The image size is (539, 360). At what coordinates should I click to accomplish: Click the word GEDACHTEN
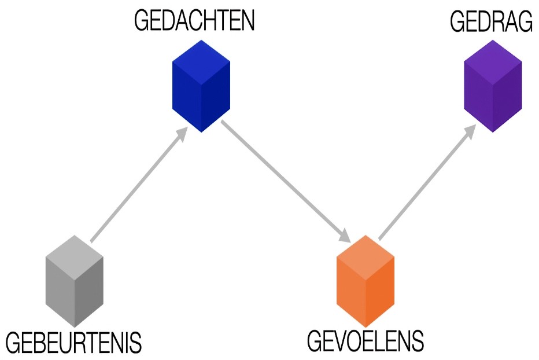[x=194, y=21]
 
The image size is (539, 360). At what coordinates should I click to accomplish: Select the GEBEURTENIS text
[x=73, y=343]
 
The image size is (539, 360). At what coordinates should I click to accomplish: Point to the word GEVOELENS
[x=365, y=341]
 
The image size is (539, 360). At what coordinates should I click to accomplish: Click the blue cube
[x=201, y=86]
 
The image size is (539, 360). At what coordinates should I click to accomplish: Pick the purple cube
[x=493, y=86]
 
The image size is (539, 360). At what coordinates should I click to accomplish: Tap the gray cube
[x=75, y=281]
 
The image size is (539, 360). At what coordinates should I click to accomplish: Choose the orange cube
[x=366, y=281]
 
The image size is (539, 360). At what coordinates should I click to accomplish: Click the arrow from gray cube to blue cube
[x=138, y=186]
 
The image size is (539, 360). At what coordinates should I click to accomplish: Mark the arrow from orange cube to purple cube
[x=426, y=182]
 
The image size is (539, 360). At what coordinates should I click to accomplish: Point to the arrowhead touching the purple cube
[x=470, y=131]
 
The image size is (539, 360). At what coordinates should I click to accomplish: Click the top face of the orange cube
[x=366, y=252]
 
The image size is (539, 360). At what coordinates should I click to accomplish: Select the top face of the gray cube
[x=75, y=252]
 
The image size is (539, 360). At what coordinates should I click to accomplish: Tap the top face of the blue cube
[x=201, y=57]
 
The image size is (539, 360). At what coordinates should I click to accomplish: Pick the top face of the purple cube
[x=493, y=57]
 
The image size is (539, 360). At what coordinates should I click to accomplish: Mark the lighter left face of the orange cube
[x=352, y=292]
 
